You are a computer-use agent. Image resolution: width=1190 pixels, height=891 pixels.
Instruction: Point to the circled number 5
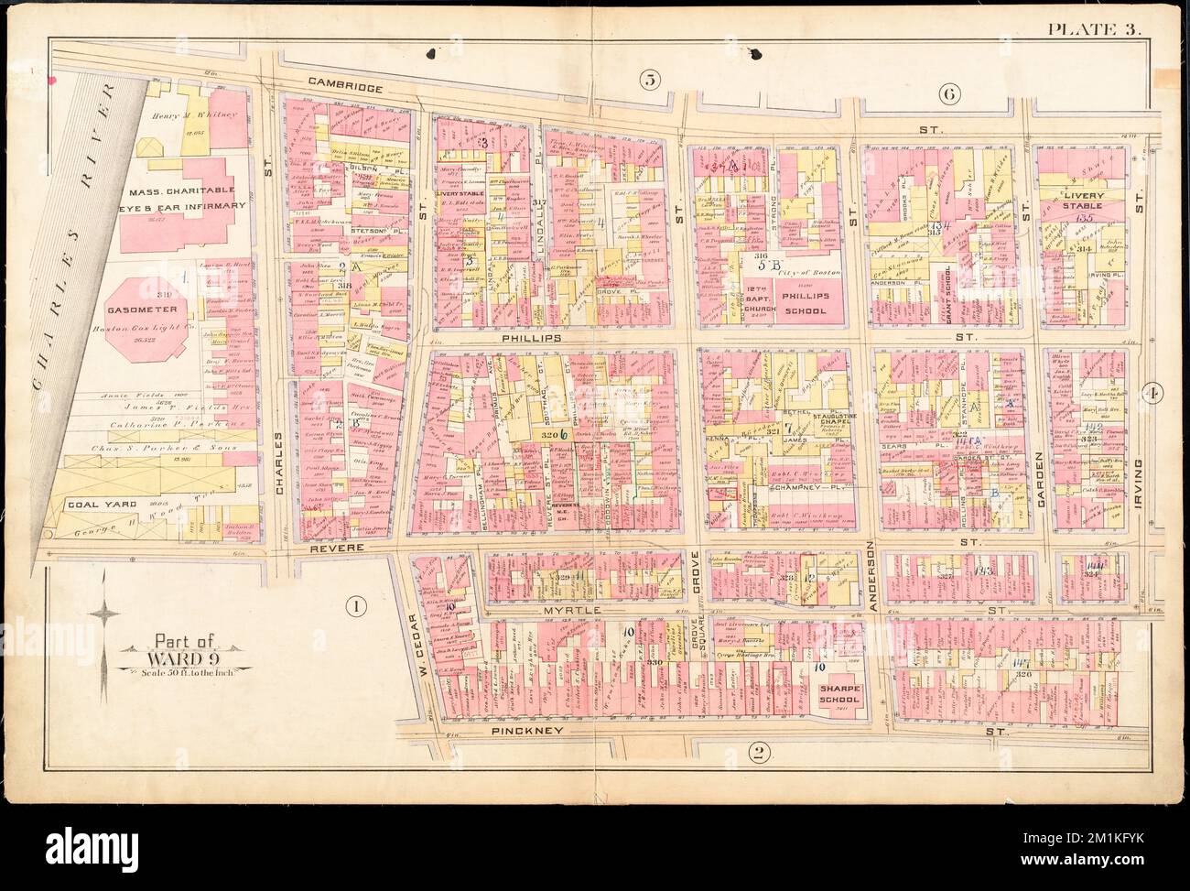[x=649, y=81]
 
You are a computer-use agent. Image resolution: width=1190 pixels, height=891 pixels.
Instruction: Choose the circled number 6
[x=947, y=92]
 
